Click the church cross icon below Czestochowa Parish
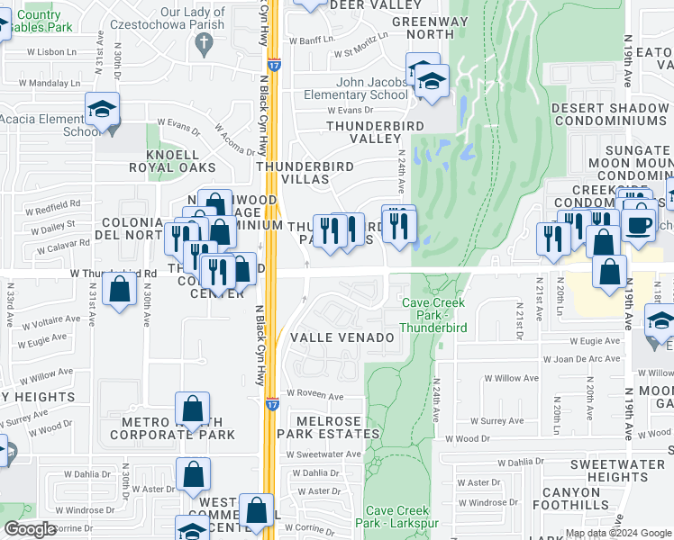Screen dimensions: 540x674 click(x=205, y=42)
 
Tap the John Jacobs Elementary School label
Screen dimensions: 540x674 click(x=371, y=87)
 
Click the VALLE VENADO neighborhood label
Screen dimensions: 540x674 click(x=342, y=337)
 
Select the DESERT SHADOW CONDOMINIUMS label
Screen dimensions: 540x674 click(x=609, y=114)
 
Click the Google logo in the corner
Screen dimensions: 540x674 click(x=29, y=530)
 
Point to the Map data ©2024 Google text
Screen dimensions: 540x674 click(x=618, y=533)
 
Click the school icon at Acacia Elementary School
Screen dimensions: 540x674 click(x=103, y=112)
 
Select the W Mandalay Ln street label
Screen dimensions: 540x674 click(x=49, y=83)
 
